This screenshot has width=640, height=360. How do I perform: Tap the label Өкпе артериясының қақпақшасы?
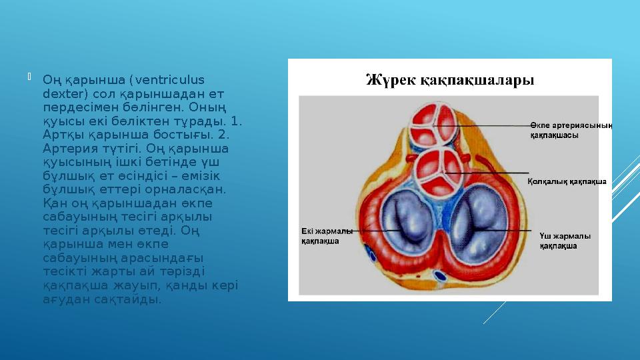[x=571, y=129]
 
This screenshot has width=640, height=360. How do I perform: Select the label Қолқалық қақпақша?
[x=567, y=181]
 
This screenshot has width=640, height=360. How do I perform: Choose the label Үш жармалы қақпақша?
[x=565, y=241]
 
